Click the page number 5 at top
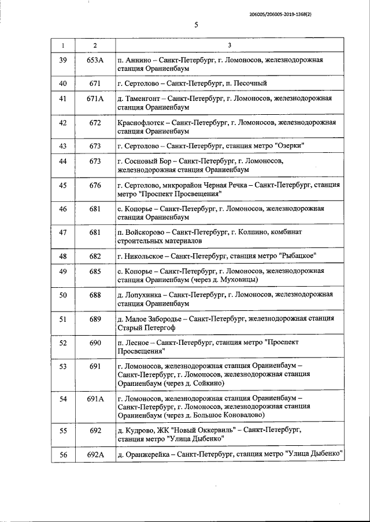pos(196,25)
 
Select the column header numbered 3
pos(230,46)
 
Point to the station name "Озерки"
pos(292,145)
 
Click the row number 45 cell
pos(63,185)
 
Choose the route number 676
pos(95,185)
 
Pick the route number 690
pos(95,343)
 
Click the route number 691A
pos(95,399)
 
